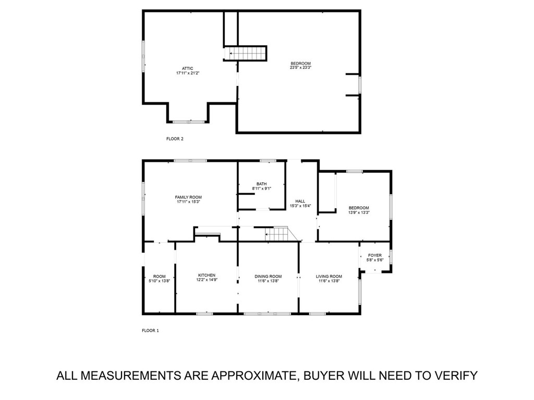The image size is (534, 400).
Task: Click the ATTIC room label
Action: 188,68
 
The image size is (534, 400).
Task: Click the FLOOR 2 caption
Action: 175,139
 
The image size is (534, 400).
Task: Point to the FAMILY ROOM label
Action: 188,197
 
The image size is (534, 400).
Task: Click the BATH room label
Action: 261,183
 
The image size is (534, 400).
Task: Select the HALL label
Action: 300,201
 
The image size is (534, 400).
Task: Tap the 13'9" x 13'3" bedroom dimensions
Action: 359,213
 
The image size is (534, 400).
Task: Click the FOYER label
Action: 375,255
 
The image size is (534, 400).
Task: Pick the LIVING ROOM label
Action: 329,276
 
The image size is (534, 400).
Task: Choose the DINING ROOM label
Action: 268,276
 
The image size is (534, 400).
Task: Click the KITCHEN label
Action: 207,276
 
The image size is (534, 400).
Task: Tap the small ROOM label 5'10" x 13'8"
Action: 159,276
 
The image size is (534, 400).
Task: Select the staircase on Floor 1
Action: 277,234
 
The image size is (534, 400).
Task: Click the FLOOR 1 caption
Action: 150,330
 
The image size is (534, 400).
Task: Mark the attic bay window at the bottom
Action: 188,122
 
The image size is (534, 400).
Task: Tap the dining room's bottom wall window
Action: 268,314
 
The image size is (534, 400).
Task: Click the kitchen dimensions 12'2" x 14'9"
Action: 207,280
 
